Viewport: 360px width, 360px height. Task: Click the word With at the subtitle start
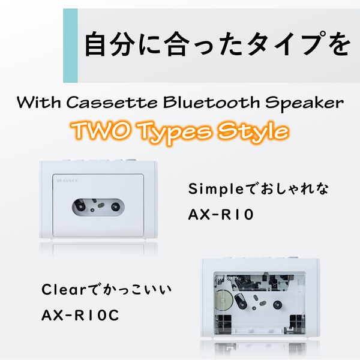(38, 103)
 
